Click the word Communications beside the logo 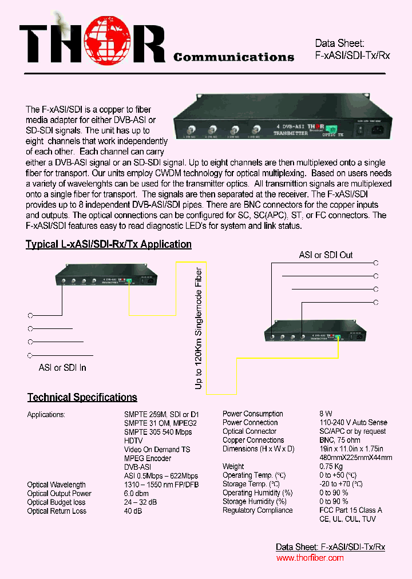click(x=233, y=57)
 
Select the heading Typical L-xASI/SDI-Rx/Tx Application click(x=109, y=244)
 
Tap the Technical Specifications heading click(x=82, y=397)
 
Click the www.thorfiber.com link click(x=310, y=558)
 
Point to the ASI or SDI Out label click(x=326, y=255)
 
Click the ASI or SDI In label click(x=62, y=367)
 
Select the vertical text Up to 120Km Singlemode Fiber click(x=199, y=328)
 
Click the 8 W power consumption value click(x=326, y=414)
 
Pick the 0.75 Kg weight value click(x=331, y=466)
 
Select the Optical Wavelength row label click(x=56, y=485)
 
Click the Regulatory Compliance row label click(x=257, y=510)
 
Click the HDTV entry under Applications click(x=133, y=441)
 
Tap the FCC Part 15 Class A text click(x=351, y=510)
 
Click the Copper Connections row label click(x=253, y=440)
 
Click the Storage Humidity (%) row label click(x=257, y=502)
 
